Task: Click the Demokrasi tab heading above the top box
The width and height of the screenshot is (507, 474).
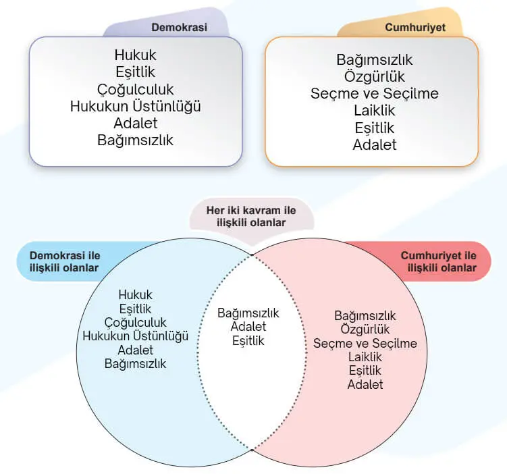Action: [179, 28]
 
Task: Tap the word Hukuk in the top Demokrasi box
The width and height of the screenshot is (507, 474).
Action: [136, 56]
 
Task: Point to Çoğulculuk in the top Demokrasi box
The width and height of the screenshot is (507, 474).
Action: [136, 90]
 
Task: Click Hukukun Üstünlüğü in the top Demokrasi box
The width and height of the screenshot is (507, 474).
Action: [136, 107]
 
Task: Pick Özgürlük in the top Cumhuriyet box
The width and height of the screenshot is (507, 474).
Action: [374, 77]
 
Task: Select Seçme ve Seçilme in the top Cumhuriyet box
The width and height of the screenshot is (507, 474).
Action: [374, 94]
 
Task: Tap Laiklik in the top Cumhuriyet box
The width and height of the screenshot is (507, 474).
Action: [374, 111]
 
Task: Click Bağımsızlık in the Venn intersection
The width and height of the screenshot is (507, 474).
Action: [248, 313]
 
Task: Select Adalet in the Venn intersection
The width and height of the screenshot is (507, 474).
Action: [248, 327]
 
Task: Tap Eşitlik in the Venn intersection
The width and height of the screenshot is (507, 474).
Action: [248, 341]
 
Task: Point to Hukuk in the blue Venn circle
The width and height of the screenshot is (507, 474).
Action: [135, 295]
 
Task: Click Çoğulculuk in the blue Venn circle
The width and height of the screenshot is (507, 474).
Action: [135, 323]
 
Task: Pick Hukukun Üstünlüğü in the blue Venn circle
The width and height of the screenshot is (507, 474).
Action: [135, 336]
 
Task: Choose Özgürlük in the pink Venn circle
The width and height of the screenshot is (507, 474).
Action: [365, 330]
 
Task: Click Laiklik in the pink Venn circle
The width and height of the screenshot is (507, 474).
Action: [365, 357]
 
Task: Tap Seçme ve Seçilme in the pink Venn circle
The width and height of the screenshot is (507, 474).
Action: [365, 344]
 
